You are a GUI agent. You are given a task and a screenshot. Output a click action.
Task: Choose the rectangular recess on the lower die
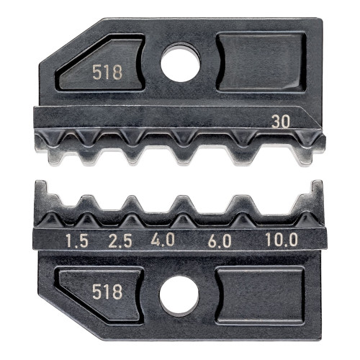[x=259, y=294]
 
